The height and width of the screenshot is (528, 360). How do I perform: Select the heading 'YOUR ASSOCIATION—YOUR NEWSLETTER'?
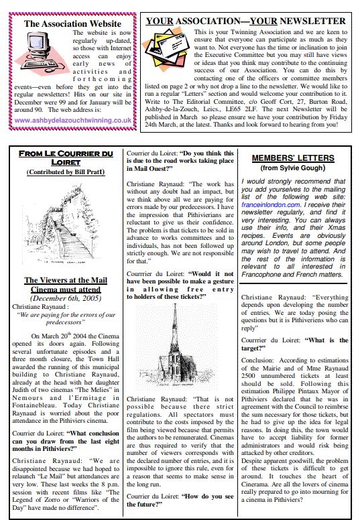[x=245, y=21]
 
